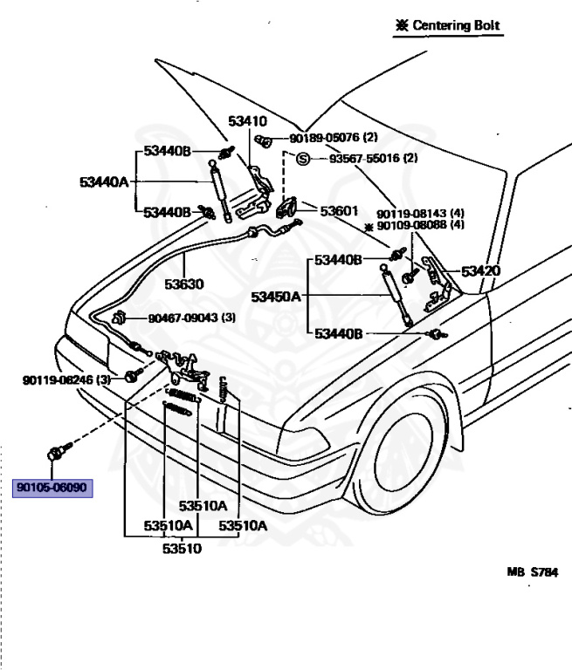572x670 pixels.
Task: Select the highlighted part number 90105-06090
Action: [x=52, y=488]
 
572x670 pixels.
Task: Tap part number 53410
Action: [x=247, y=121]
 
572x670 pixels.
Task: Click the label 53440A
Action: [x=104, y=182]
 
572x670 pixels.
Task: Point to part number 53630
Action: [x=184, y=284]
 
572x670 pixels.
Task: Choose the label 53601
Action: [x=339, y=211]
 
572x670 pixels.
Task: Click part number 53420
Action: [x=480, y=271]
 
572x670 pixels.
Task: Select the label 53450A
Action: [x=276, y=297]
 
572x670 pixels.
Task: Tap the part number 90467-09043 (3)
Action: [x=191, y=318]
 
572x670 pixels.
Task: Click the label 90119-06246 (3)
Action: [x=66, y=379]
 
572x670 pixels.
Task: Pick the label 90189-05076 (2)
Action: [x=334, y=138]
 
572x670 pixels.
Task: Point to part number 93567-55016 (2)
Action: [x=374, y=158]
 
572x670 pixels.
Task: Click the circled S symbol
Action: [x=303, y=159]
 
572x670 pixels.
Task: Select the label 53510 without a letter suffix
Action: [x=182, y=548]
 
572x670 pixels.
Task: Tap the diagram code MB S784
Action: [x=533, y=571]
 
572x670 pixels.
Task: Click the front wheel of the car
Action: [x=403, y=457]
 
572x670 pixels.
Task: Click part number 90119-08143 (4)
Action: [x=421, y=213]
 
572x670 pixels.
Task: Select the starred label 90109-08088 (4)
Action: [x=415, y=225]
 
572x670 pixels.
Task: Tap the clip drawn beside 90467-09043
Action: [x=118, y=318]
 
